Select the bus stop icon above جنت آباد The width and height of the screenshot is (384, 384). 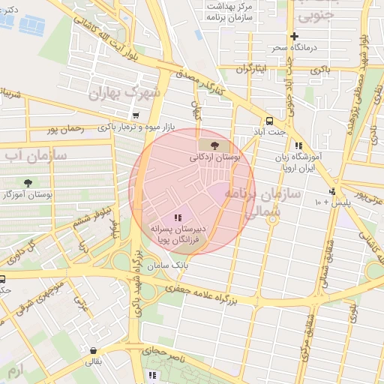tap(268, 121)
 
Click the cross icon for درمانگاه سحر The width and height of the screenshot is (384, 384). tap(294, 36)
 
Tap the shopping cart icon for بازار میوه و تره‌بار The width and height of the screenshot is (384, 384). tap(135, 115)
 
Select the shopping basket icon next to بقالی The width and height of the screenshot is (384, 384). tap(92, 349)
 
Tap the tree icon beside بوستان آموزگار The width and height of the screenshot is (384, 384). tap(28, 182)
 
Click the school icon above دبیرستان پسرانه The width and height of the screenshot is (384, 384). tap(177, 217)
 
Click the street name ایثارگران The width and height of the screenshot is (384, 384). tap(252, 69)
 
